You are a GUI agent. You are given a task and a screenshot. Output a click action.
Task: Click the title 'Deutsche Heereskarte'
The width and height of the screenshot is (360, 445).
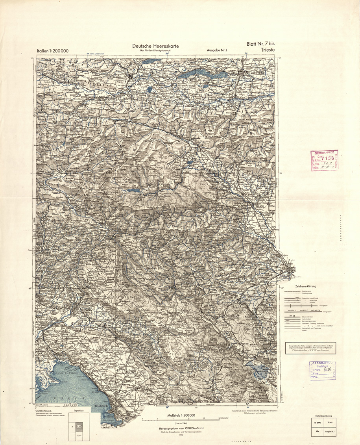[x=156, y=46]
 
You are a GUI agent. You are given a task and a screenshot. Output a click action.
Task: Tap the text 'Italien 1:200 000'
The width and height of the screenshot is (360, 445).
[x=53, y=51]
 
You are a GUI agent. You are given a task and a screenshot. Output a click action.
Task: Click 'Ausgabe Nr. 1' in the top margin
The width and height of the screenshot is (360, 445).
[x=217, y=50]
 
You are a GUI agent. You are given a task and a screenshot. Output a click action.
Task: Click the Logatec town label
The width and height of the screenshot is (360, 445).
[x=232, y=315]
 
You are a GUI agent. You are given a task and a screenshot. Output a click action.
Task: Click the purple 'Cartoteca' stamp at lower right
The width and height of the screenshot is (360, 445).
[x=322, y=370]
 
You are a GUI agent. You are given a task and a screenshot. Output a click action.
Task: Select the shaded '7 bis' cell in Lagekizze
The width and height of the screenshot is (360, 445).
[x=79, y=426]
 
